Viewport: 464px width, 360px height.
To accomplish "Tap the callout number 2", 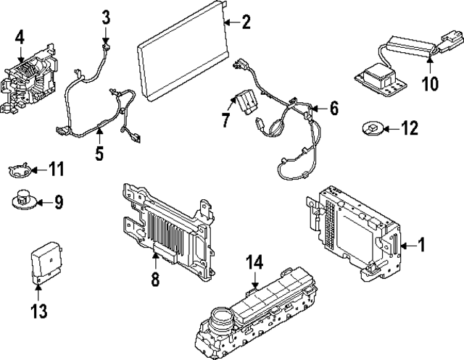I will pos(246,23).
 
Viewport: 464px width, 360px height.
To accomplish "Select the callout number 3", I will pos(106,15).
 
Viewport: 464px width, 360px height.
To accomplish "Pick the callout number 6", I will pos(333,108).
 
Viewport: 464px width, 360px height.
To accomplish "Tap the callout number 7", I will pos(226,120).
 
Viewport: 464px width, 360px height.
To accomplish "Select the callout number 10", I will pos(430,83).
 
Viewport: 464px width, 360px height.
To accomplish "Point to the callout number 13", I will pos(38,312).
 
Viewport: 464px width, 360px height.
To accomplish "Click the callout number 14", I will pos(252,261).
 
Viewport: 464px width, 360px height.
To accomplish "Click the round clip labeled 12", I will pos(370,129).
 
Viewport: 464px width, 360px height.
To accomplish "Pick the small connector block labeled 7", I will pos(244,101).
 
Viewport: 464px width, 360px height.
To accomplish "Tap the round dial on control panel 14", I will pos(220,318).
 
